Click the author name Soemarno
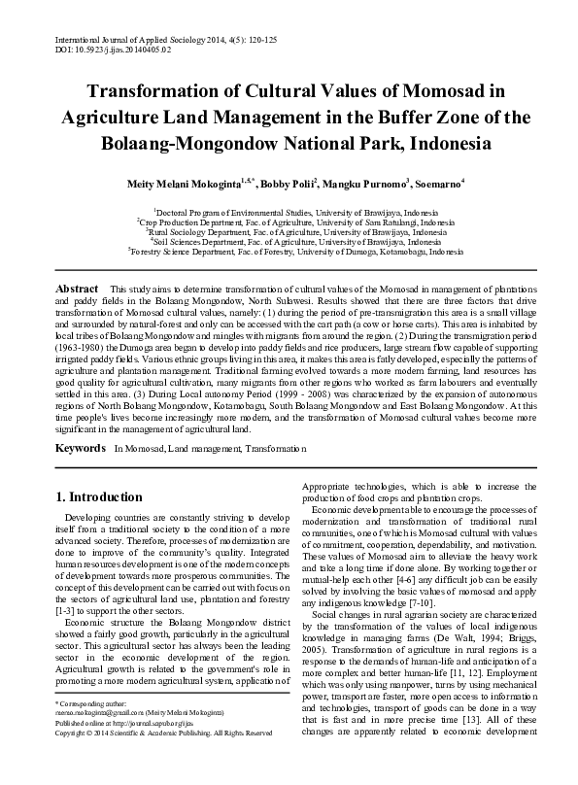pos(435,182)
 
